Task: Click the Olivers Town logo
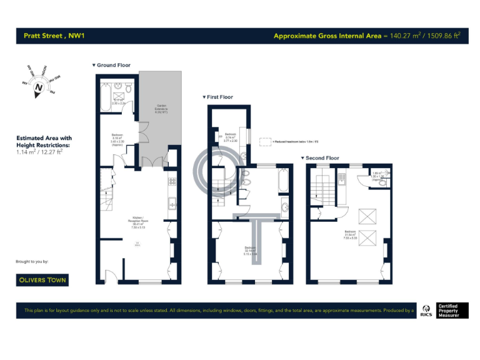[x=42, y=280]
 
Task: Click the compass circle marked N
[x=38, y=88]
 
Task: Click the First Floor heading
[x=217, y=97]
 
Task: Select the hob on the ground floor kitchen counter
[x=171, y=182]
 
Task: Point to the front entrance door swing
[x=109, y=275]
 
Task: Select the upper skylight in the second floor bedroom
[x=364, y=216]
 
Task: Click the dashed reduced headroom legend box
[x=265, y=141]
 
